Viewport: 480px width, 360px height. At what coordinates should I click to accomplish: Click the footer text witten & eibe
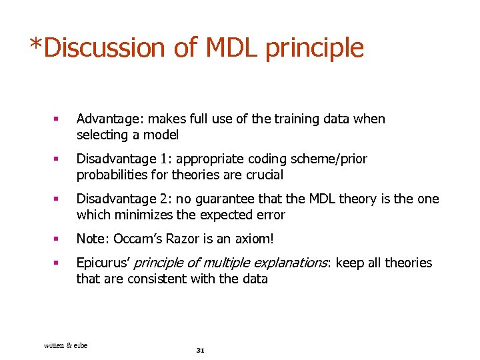(65, 345)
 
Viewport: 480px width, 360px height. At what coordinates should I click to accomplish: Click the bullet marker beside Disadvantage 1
(57, 159)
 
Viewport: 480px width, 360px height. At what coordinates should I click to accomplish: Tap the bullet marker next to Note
(57, 239)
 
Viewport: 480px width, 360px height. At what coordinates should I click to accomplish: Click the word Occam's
(137, 239)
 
